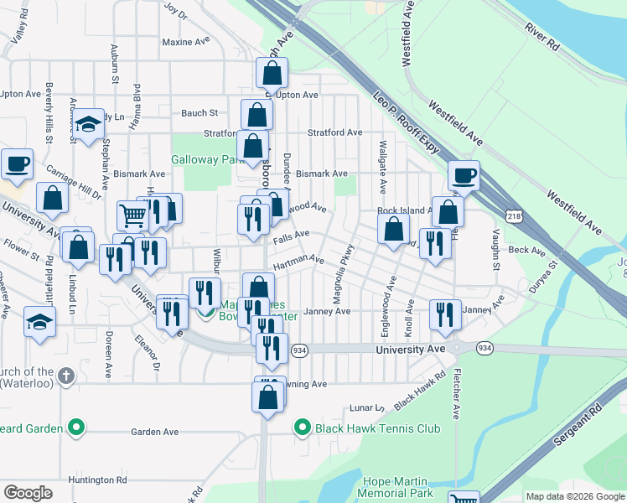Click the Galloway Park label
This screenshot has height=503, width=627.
point(207,159)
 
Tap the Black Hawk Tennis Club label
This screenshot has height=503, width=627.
point(377,428)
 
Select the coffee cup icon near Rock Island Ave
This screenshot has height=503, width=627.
point(464,176)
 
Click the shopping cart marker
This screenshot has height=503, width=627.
point(133,215)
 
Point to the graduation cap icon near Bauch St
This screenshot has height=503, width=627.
point(87,126)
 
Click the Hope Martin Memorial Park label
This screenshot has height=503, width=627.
point(398,487)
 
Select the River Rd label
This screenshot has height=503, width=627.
point(541,39)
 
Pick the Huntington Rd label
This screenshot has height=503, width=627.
point(97,480)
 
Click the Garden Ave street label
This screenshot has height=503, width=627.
point(155,432)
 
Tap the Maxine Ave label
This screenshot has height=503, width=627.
point(184,41)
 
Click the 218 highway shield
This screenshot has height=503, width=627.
point(514,216)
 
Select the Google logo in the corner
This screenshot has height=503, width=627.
point(28,492)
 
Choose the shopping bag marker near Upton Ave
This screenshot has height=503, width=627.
point(272,74)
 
